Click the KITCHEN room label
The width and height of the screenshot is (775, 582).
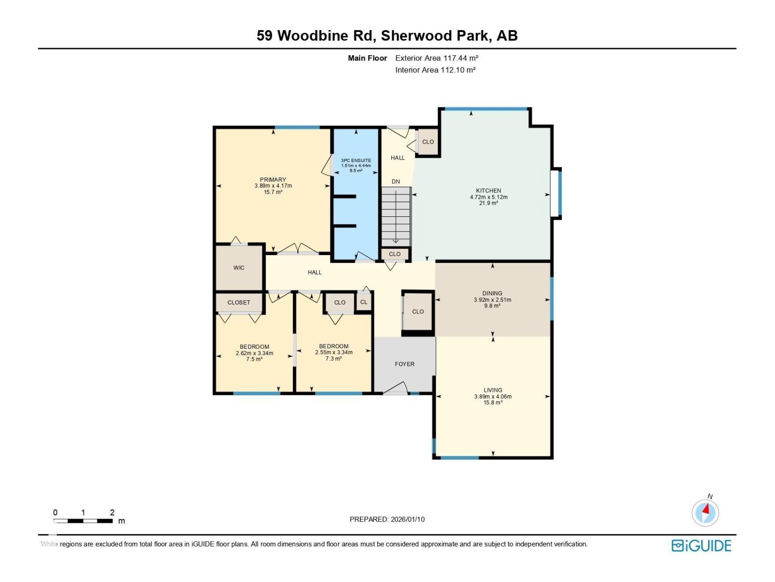click(x=488, y=191)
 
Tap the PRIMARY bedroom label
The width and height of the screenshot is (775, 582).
click(x=273, y=179)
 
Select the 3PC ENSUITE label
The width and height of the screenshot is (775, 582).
click(x=356, y=161)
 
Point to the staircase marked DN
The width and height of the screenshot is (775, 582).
click(x=396, y=216)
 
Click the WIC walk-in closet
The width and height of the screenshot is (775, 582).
click(x=239, y=268)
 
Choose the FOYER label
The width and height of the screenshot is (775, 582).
click(x=404, y=364)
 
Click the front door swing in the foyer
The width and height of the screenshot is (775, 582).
click(x=396, y=388)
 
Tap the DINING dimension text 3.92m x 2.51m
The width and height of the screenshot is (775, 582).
click(x=492, y=300)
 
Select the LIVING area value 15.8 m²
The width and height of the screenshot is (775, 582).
click(x=493, y=403)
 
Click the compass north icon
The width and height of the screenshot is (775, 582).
click(x=705, y=512)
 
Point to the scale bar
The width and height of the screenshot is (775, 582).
click(x=83, y=520)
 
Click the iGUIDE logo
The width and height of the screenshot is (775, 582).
click(x=701, y=546)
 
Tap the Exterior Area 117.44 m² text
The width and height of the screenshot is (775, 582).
click(x=436, y=58)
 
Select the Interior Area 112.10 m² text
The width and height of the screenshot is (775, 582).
click(x=435, y=70)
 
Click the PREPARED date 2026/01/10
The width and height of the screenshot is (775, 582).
click(x=387, y=519)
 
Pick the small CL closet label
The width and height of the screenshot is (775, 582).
click(x=364, y=302)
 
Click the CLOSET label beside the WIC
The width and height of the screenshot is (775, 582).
click(x=239, y=302)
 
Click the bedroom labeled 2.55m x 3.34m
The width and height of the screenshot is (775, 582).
click(x=334, y=352)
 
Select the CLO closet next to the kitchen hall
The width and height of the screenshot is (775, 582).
click(x=428, y=142)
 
